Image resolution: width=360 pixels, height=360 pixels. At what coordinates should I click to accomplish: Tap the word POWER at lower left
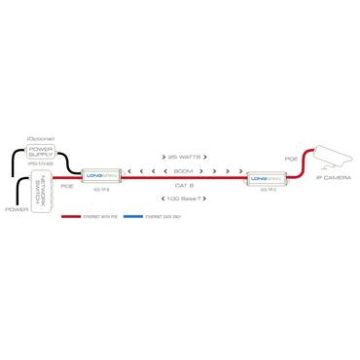[17, 209]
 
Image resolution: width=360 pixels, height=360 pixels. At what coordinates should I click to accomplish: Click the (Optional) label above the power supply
[41, 139]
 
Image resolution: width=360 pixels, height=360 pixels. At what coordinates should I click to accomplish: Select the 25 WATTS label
[183, 156]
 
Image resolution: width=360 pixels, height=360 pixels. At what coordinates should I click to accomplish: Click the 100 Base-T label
[183, 198]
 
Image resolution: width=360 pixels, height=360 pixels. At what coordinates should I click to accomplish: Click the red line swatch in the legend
[72, 215]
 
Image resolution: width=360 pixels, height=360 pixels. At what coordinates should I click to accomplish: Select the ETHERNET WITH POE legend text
[99, 215]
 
